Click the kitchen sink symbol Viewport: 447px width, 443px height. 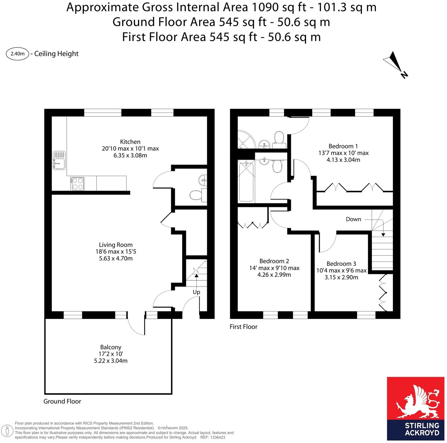point(59,160)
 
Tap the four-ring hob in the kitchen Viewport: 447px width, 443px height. point(77,184)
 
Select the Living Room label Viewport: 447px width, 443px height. point(115,245)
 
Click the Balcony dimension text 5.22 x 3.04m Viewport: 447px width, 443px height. point(111,361)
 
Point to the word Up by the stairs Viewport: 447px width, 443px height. point(196,292)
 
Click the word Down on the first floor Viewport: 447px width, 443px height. point(353,219)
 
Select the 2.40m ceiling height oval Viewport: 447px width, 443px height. point(17,54)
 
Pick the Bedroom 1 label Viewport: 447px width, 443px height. point(343,146)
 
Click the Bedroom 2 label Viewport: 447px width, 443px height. point(274,261)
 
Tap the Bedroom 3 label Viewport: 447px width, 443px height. point(341,264)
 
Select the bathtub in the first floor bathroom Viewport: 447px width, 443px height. point(246,181)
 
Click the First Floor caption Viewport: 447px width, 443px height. point(243,327)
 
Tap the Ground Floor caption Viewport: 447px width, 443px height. point(62,401)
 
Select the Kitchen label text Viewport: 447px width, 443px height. point(130,142)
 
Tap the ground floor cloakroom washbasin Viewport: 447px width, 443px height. point(203,180)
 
